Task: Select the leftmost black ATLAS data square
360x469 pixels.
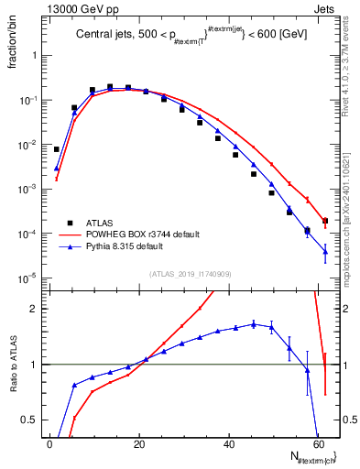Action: pyautogui.click(x=56, y=148)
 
